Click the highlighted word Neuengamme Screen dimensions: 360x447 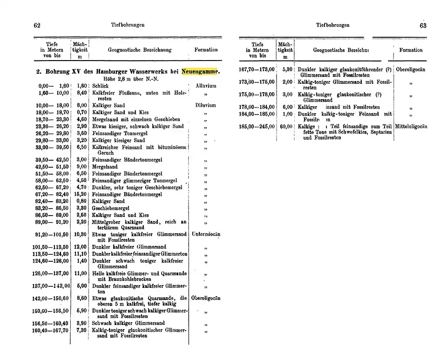pos(200,72)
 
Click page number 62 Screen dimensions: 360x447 pos(37,25)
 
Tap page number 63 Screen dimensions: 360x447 pos(423,26)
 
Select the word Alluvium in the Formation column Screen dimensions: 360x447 pos(206,86)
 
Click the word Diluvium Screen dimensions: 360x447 pos(206,106)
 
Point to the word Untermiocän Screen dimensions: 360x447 pos(206,235)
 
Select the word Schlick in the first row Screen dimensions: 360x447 pos(100,86)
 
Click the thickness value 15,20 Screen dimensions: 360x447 pos(81,194)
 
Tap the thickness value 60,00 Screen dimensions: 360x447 pos(286,126)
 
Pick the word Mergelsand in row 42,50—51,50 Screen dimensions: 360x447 pos(105,166)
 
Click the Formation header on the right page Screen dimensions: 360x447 pos(411,50)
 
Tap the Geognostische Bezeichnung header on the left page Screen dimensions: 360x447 pos(140,50)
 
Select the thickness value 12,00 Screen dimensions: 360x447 pos(81,247)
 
